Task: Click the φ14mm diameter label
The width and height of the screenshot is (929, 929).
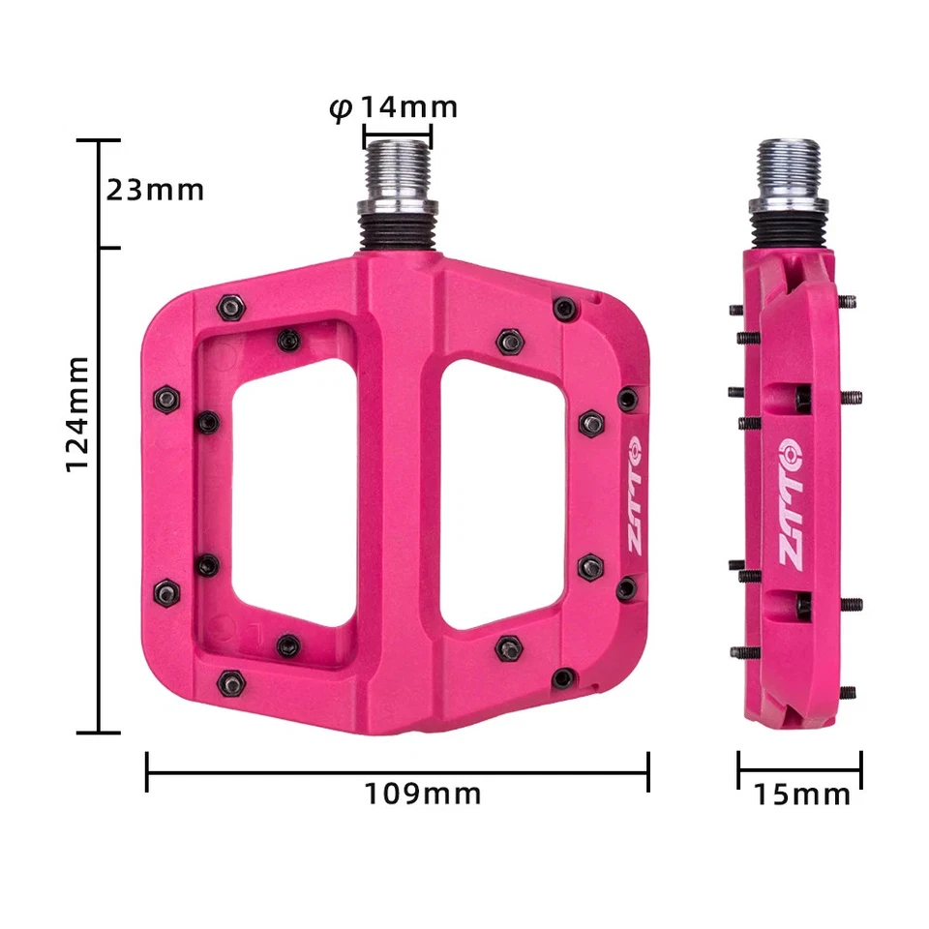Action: pos(393,106)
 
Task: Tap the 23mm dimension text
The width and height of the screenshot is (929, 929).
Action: pos(155,190)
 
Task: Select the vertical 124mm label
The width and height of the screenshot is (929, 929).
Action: pos(77,413)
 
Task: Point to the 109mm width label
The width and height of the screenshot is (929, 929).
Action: pos(423,794)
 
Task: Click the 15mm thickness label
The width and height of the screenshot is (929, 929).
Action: pos(802,795)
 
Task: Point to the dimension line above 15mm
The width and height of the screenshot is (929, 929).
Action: pos(799,771)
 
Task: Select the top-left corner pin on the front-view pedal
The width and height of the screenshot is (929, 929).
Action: pos(231,308)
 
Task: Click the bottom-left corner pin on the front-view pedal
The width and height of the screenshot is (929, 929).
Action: pos(231,680)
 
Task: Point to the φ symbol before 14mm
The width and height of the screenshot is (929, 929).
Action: pos(340,107)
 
